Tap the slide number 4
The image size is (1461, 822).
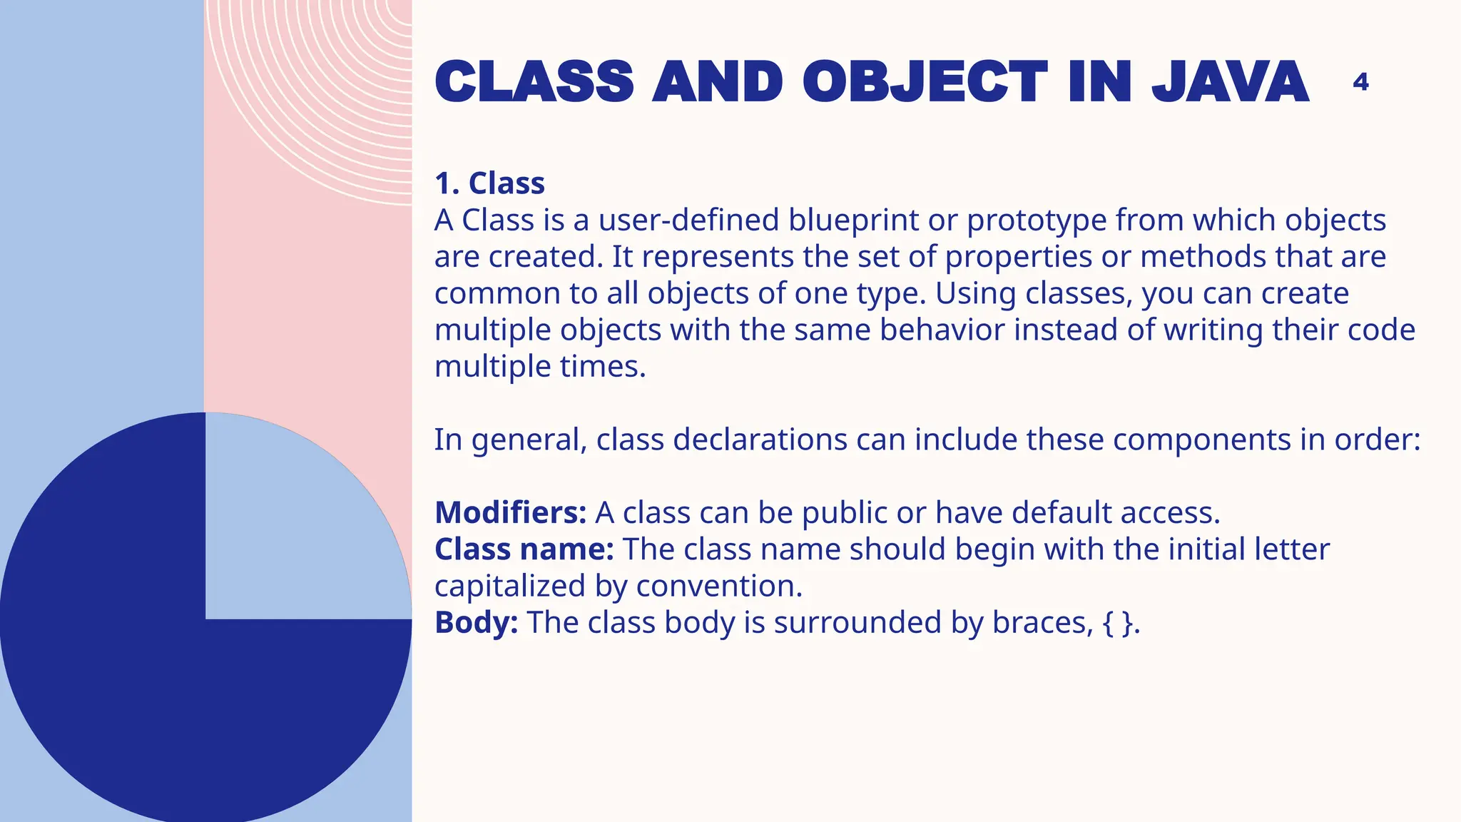tap(1360, 82)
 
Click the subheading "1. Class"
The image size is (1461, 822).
tap(489, 183)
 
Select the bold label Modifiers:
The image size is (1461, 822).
tap(511, 512)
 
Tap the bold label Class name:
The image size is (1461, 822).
tap(524, 549)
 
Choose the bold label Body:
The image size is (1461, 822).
tap(477, 622)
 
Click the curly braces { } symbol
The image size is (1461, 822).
tap(1117, 623)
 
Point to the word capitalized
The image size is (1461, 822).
tap(510, 586)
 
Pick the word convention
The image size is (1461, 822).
tap(718, 586)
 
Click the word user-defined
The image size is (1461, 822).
tap(688, 220)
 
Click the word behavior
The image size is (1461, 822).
tap(942, 330)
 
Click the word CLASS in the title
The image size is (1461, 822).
tap(534, 81)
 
